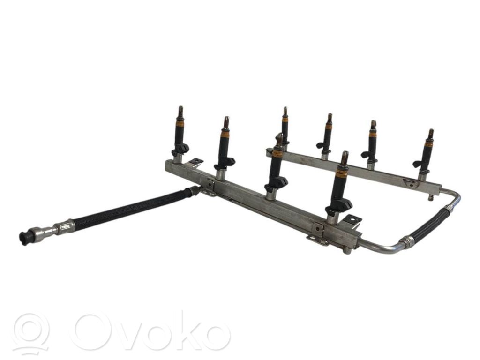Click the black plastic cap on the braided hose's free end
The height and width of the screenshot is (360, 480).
pos(25,236)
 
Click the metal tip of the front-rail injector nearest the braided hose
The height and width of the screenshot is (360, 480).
pos(180,112)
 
